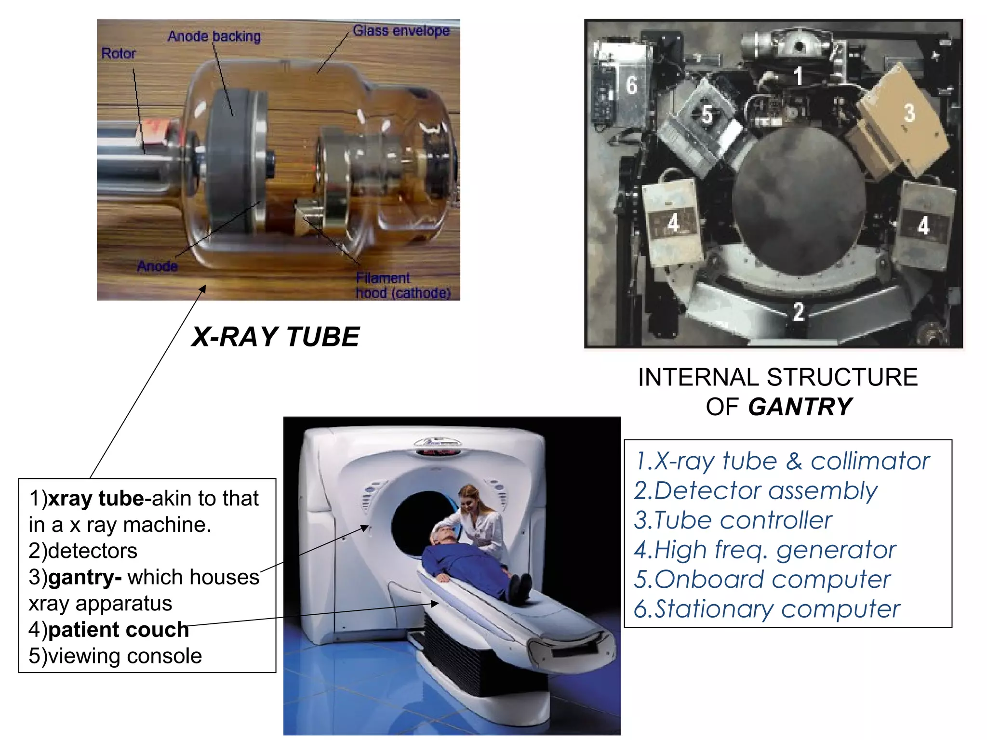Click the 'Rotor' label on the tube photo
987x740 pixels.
pos(118,53)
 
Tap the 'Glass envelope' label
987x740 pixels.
pos(401,31)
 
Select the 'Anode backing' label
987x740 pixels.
pos(214,36)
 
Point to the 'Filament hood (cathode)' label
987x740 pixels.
pos(403,285)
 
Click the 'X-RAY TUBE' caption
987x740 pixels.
pos(275,336)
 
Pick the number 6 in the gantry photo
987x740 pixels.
pos(632,85)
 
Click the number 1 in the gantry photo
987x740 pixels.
pos(798,76)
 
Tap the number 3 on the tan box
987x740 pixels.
pos(909,113)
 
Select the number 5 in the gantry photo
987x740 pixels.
pos(707,115)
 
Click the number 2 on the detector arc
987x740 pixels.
pos(799,312)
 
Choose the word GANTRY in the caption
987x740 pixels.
pos(800,407)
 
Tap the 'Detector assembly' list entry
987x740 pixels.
pos(755,490)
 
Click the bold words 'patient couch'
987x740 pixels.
pos(118,630)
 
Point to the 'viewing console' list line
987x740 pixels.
pos(116,656)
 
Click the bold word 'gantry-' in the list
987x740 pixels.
pos(85,577)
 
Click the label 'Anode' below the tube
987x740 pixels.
pos(157,266)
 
